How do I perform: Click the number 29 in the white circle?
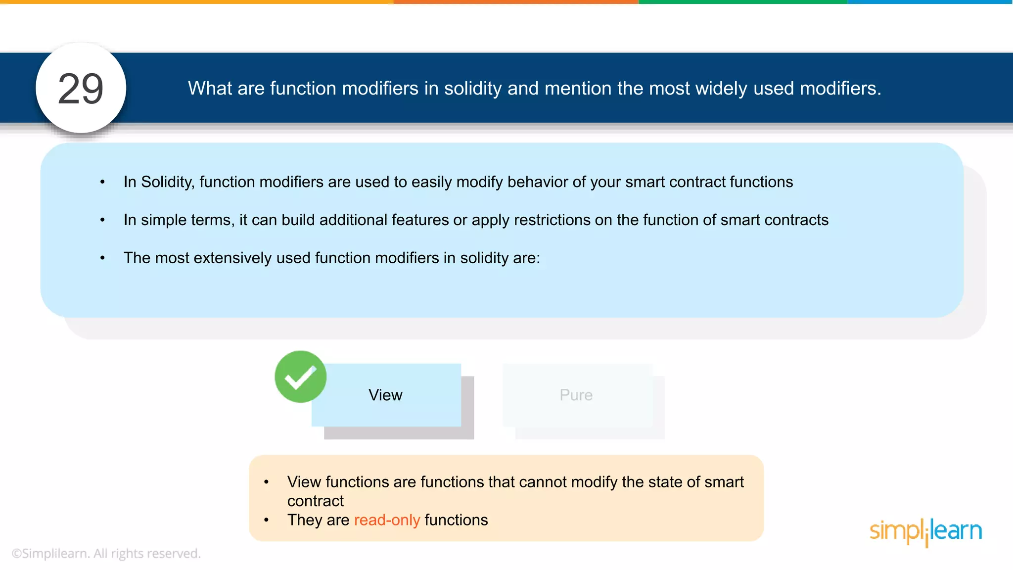(81, 89)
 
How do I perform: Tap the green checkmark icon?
(300, 377)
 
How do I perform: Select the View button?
(386, 395)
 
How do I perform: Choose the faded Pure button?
(577, 395)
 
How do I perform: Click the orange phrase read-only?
(387, 520)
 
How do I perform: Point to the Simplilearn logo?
(925, 531)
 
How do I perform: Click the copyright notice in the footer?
(106, 553)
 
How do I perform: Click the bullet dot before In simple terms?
(102, 220)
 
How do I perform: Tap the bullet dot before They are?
(267, 520)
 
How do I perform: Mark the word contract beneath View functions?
(316, 501)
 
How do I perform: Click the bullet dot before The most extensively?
(102, 258)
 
